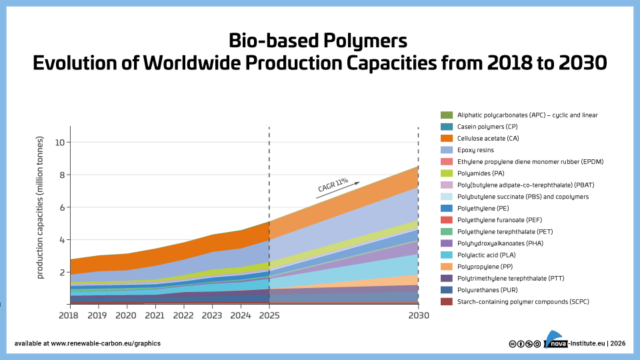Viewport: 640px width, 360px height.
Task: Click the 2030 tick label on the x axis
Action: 418,315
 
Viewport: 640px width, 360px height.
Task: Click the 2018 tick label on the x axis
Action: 69,315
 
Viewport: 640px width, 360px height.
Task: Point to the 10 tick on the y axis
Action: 60,143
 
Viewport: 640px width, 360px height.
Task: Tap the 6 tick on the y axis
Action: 62,207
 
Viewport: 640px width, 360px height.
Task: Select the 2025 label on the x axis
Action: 269,315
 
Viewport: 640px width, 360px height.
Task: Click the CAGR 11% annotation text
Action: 333,185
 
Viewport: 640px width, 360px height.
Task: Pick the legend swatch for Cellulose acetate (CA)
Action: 447,139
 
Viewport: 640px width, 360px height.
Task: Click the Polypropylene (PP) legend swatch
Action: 447,267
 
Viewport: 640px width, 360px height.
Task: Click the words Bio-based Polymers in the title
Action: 317,40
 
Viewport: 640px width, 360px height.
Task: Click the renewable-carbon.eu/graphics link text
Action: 105,343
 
